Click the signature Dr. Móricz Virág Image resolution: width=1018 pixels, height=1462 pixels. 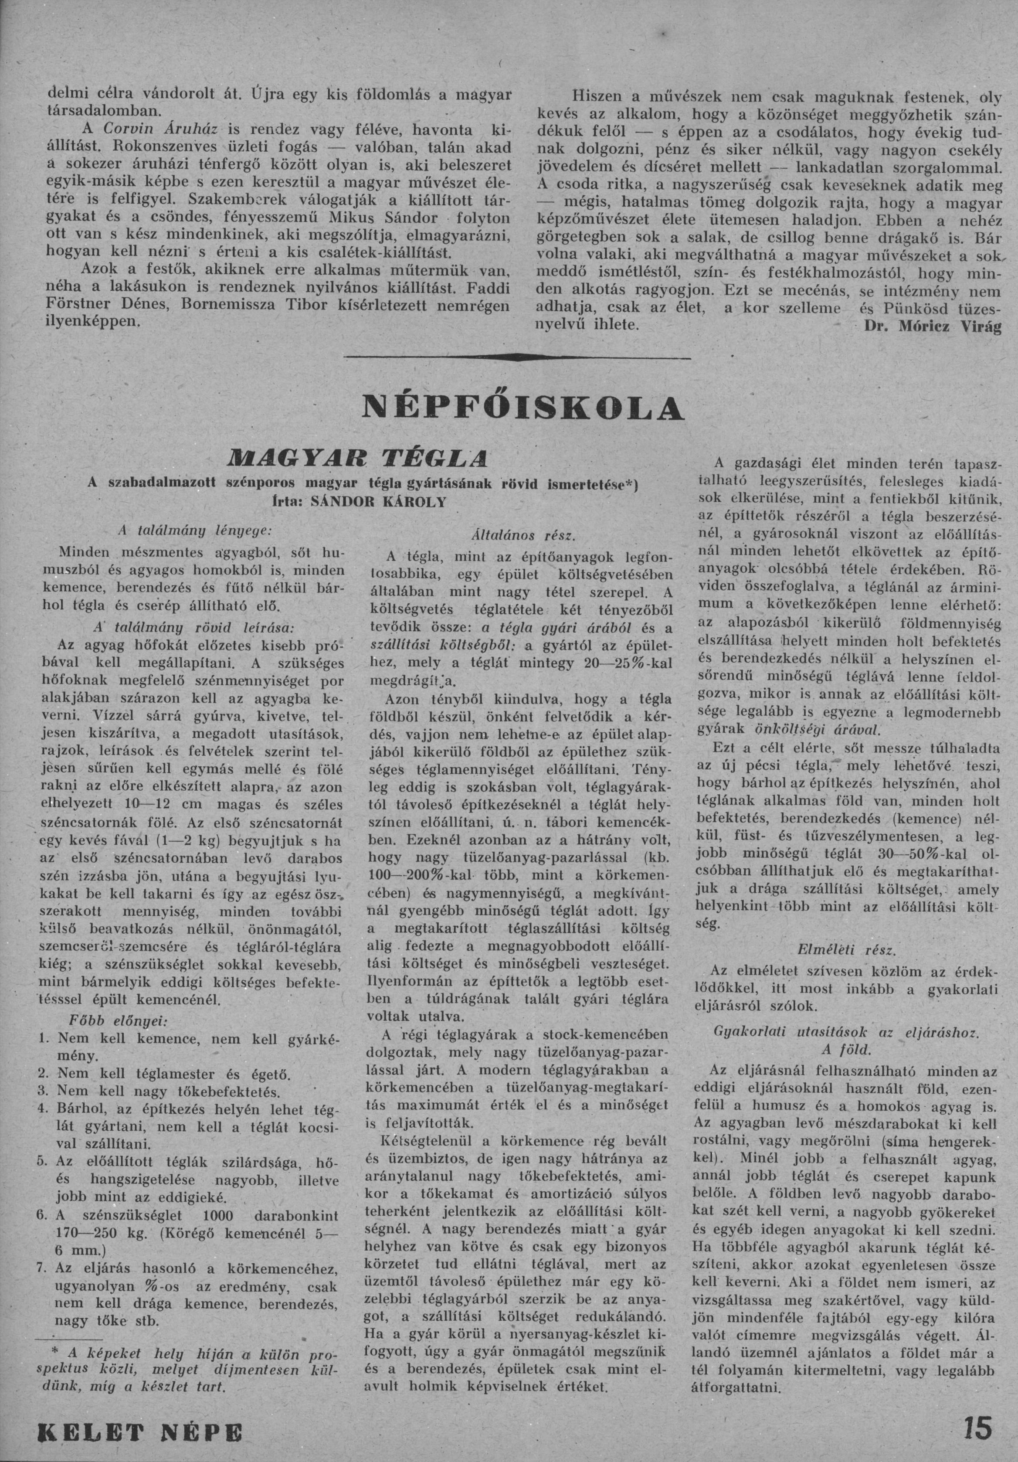click(932, 327)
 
